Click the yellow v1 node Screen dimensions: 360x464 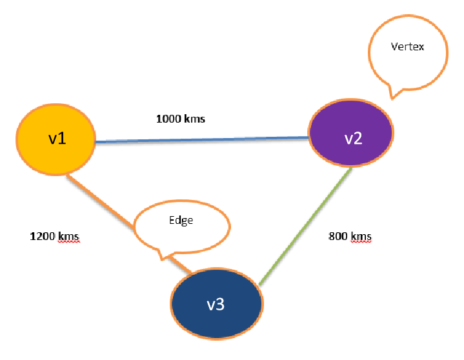click(55, 139)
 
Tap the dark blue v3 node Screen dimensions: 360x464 click(216, 304)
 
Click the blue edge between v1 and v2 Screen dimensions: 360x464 click(200, 139)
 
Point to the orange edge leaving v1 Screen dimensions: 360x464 click(103, 197)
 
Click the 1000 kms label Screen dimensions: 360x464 click(181, 119)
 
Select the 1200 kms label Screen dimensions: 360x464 click(55, 236)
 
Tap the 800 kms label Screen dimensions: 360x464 click(350, 236)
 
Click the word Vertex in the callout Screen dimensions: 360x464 click(408, 47)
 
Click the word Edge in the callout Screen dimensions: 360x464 click(181, 220)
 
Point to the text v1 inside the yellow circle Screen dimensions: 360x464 click(57, 139)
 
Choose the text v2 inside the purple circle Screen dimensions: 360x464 click(352, 139)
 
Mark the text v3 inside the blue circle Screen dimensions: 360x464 click(215, 305)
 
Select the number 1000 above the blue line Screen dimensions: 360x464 click(169, 119)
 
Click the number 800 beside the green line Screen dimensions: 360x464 click(338, 236)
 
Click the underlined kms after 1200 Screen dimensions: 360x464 click(69, 236)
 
